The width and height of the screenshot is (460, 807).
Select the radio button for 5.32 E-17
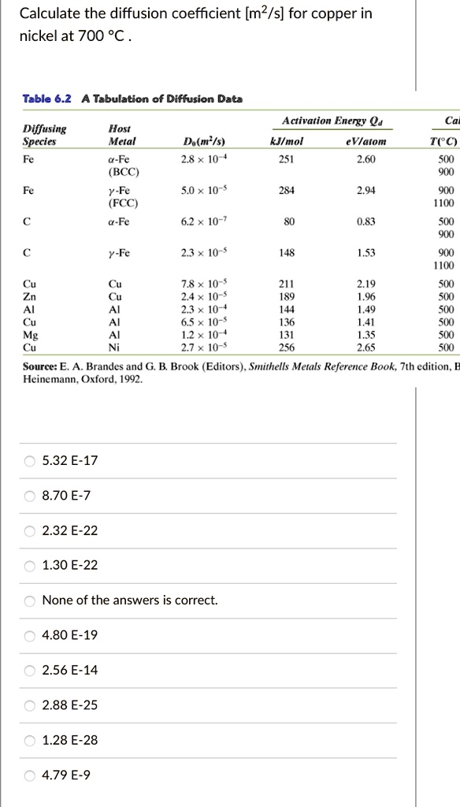coord(30,461)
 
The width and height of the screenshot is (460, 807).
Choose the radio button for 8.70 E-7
coord(30,496)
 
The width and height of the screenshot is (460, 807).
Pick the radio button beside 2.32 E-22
coord(30,530)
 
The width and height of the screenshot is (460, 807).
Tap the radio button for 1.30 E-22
coord(30,566)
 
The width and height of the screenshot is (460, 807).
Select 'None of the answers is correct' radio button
coord(30,601)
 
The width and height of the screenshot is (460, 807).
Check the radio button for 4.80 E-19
coord(30,635)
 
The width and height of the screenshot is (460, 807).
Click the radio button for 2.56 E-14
coord(30,671)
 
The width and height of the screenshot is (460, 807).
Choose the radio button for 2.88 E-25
coord(30,705)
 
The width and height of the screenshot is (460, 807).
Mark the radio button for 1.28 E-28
coord(30,740)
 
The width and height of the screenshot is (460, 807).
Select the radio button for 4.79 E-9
coord(30,775)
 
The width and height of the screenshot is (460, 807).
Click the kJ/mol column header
coord(286,142)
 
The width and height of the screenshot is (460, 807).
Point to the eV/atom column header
coord(365,142)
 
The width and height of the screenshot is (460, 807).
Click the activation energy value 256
coord(285,346)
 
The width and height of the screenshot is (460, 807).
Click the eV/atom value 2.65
coord(365,346)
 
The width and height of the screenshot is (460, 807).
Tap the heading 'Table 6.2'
coord(46,99)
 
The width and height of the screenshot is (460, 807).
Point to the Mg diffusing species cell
coord(29,335)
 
